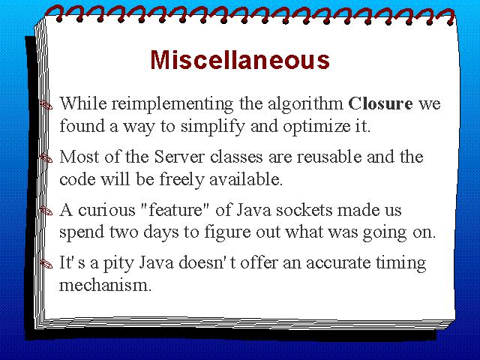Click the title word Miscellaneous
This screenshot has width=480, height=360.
[240, 59]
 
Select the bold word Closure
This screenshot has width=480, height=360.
[380, 103]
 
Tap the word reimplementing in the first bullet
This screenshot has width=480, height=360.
[172, 104]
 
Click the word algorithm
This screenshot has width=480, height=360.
[305, 104]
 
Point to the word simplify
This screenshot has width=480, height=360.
[213, 127]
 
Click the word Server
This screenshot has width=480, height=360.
[179, 157]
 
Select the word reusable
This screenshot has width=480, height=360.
[329, 157]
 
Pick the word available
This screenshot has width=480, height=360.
[246, 179]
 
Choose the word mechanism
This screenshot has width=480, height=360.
[105, 285]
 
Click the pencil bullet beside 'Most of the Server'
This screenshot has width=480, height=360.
[46, 157]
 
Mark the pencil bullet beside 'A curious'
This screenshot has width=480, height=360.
[46, 211]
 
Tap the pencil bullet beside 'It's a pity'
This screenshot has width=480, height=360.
[46, 263]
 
